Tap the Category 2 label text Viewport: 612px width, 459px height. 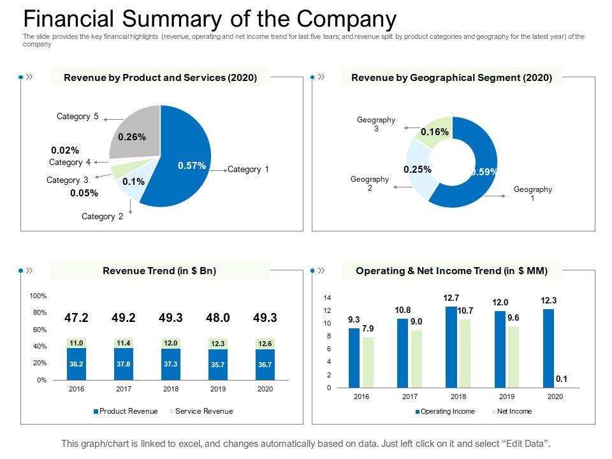click(x=103, y=217)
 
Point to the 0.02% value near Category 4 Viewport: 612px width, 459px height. click(x=65, y=150)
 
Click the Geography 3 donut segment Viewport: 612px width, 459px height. click(x=435, y=131)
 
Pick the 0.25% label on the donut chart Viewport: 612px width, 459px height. click(x=418, y=169)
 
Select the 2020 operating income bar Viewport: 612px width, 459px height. click(x=548, y=348)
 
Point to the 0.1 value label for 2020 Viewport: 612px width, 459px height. click(x=561, y=379)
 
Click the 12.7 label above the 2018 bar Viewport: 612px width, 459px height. click(x=451, y=298)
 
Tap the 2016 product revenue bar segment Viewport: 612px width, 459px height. click(x=76, y=364)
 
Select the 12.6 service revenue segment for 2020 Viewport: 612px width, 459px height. click(x=265, y=344)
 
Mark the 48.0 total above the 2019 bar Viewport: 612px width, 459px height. click(x=218, y=317)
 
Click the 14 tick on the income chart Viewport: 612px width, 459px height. click(x=327, y=298)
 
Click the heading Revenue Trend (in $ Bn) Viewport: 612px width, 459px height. click(x=159, y=271)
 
